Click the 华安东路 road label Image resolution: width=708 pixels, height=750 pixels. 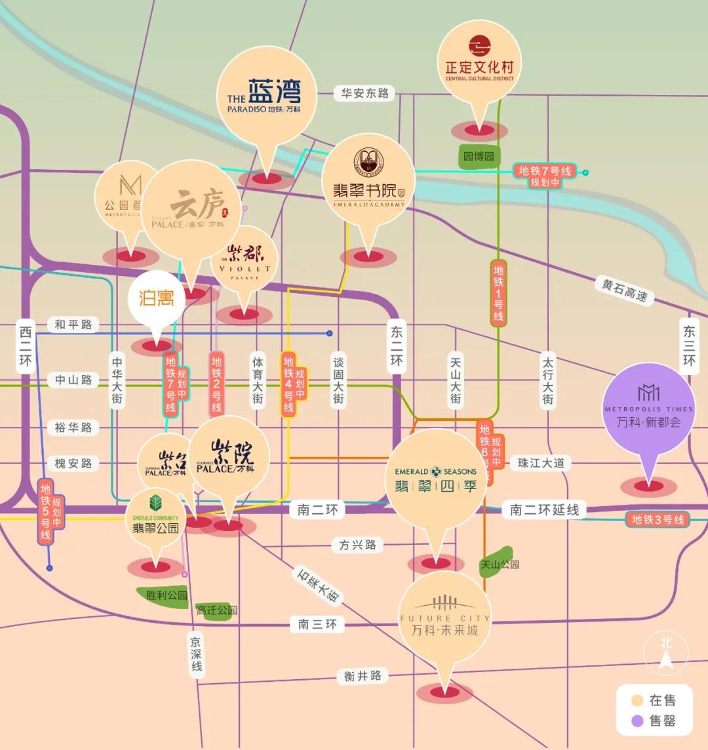(365, 93)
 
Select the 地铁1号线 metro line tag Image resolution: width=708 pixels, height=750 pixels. (498, 292)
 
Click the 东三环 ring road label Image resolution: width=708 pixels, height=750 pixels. (688, 347)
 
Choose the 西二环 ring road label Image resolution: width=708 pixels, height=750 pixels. (25, 347)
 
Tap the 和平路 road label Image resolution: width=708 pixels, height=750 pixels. (73, 324)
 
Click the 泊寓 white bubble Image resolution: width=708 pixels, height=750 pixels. (157, 298)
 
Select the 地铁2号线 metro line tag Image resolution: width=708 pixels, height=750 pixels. (216, 384)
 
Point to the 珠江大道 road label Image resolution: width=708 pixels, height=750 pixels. (541, 462)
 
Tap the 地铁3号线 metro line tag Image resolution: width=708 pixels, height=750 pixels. (658, 520)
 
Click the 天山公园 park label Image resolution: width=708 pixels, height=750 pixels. (500, 564)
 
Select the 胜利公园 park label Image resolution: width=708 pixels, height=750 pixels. (167, 595)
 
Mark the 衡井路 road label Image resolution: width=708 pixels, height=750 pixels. (363, 676)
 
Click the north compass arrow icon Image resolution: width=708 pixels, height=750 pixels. (667, 652)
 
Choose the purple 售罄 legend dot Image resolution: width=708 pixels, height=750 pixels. (635, 721)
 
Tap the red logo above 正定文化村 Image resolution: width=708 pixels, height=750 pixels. (479, 45)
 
